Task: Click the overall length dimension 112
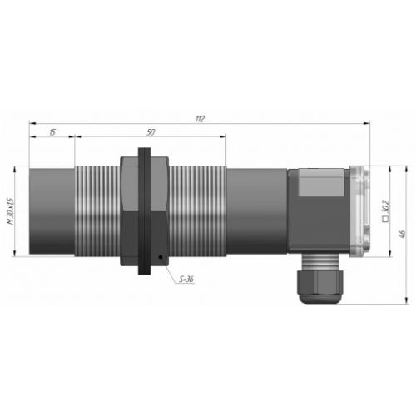tap(200, 119)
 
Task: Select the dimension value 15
tap(52, 132)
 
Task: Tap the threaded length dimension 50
tap(151, 132)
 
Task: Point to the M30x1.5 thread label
tap(11, 211)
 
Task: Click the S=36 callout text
tap(186, 280)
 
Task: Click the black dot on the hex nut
tap(160, 257)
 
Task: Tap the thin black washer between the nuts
tap(144, 211)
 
